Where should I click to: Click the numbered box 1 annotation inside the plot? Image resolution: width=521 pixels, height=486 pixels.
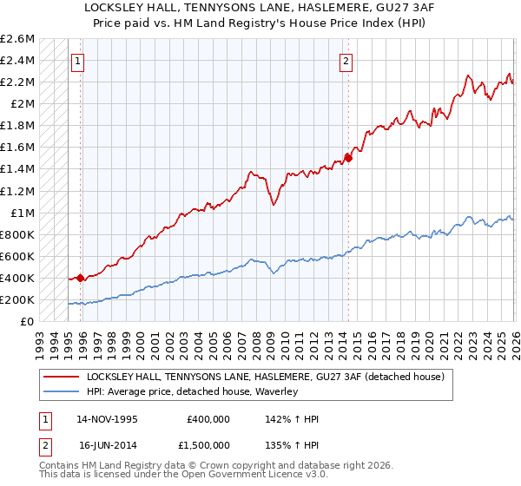(79, 61)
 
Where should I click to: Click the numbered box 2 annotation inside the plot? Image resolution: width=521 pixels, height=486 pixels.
(346, 61)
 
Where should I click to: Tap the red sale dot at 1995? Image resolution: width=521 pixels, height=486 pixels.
(81, 278)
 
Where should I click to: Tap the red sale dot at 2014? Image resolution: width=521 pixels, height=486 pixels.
(348, 157)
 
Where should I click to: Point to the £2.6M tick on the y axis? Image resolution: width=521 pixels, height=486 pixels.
(17, 39)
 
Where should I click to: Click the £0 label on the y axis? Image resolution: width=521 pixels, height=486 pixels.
(28, 321)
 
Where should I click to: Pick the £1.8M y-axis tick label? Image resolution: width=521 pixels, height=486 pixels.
(17, 126)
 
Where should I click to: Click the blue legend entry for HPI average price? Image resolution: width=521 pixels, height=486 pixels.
(192, 391)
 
